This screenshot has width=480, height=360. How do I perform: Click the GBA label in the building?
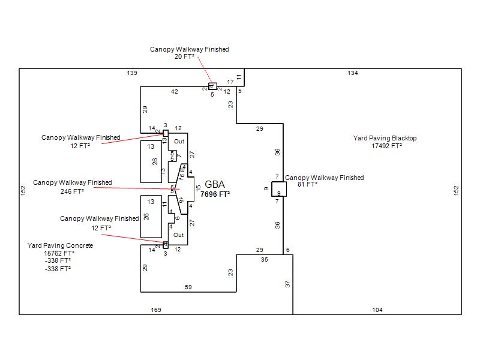click(215, 184)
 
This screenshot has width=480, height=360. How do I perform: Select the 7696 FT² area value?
click(215, 194)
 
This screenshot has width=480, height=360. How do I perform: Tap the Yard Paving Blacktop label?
click(385, 139)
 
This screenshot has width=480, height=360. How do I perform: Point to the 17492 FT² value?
click(386, 146)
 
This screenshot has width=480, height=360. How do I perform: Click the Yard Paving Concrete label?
click(60, 246)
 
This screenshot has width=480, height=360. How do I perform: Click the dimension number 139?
click(132, 73)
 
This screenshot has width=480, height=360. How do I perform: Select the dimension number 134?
click(353, 73)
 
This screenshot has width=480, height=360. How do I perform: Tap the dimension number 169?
click(156, 310)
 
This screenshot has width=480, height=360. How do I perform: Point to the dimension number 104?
click(377, 310)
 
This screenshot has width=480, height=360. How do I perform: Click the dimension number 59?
click(188, 287)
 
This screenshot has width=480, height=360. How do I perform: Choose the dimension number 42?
click(175, 92)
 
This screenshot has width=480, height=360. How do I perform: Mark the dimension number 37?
click(287, 284)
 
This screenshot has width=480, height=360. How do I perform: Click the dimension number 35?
click(265, 260)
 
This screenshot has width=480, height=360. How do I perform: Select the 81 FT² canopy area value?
click(308, 185)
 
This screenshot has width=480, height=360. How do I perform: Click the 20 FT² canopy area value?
click(188, 56)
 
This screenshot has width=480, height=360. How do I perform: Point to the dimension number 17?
click(230, 82)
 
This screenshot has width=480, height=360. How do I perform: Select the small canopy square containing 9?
click(279, 190)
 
